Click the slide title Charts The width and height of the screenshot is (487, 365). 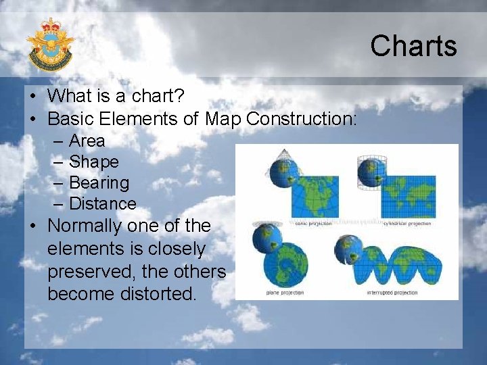[413, 46]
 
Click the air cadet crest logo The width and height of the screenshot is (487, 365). [50, 45]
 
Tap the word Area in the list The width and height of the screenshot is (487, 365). [87, 141]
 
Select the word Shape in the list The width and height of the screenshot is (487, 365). [93, 162]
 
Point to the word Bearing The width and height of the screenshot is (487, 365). [99, 183]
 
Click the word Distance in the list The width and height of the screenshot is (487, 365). [102, 204]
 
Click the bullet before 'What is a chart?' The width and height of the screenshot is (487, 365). [32, 97]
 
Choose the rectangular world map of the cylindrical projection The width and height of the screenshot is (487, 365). [408, 196]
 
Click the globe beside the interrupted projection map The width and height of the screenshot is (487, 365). [349, 251]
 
